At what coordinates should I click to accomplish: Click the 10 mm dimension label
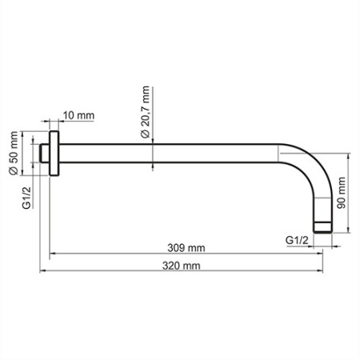click(78, 116)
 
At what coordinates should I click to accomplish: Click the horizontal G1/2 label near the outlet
click(297, 239)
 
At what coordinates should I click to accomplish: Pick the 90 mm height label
click(342, 193)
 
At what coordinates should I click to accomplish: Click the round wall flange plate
click(54, 152)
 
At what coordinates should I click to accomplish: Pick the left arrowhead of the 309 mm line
click(54, 254)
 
